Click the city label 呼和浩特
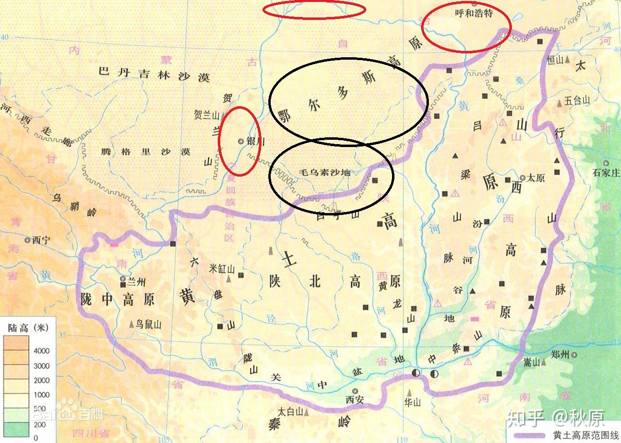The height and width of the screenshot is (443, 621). click(474, 13)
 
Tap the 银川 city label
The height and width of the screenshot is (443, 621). click(254, 141)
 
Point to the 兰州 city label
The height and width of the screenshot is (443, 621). click(136, 280)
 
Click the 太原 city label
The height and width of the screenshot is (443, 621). click(536, 178)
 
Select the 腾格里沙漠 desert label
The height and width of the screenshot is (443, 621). click(146, 151)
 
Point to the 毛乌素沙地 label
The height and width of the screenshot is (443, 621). click(325, 173)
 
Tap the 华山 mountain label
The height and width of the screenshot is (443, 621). click(411, 402)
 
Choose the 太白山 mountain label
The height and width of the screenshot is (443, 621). click(290, 411)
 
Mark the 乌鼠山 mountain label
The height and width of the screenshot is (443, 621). click(148, 325)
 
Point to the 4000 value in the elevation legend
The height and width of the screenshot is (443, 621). click(42, 351)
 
